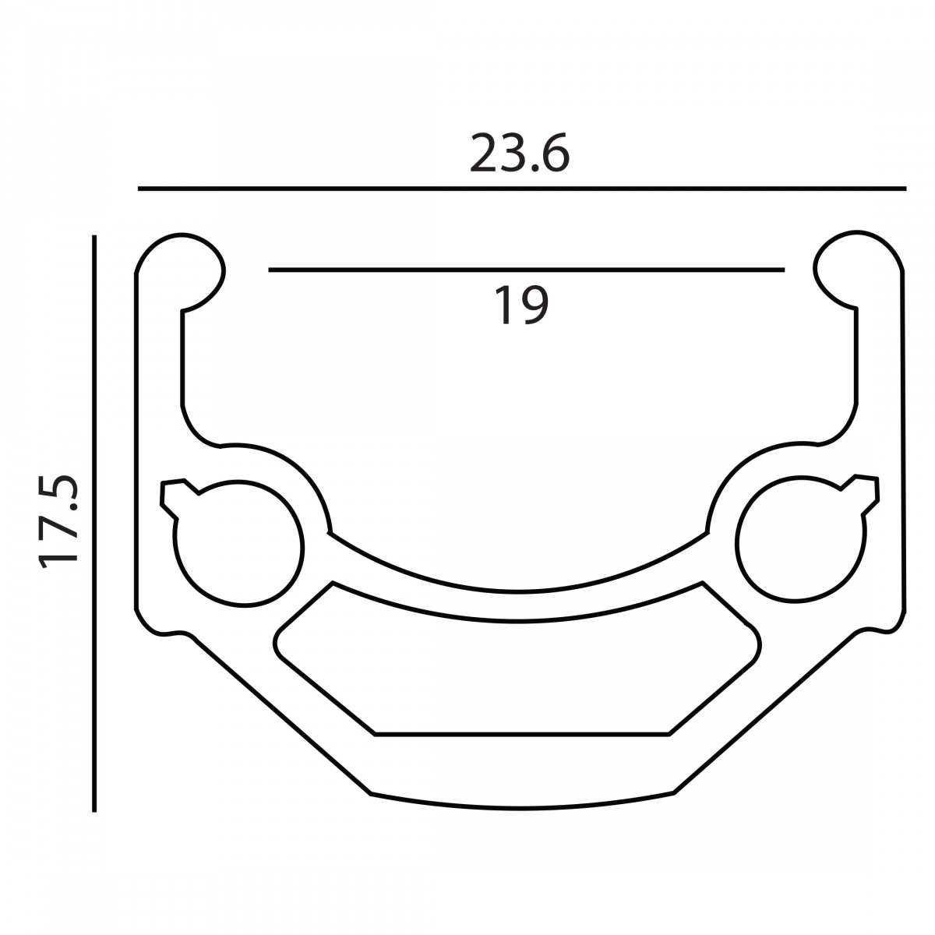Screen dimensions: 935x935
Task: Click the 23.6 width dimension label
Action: [519, 153]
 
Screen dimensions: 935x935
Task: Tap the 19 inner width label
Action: [521, 305]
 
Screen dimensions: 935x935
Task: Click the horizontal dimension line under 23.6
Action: [522, 189]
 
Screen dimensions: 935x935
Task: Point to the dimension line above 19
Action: [527, 270]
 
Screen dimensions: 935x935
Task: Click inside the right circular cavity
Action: [801, 539]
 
